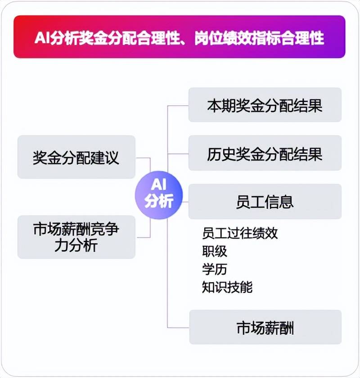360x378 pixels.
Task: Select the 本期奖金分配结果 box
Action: (265, 105)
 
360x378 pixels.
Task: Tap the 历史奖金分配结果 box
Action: (265, 154)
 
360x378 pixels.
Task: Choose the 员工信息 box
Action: (265, 201)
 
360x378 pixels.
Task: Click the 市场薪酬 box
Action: (265, 327)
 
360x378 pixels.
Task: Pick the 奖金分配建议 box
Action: (76, 157)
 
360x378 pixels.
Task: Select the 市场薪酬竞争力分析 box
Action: (76, 237)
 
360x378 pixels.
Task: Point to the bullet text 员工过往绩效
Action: (240, 233)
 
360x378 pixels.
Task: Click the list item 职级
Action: (215, 251)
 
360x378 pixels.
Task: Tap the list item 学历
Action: (215, 269)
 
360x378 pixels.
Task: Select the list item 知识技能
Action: (227, 287)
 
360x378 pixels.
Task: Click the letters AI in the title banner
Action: (42, 38)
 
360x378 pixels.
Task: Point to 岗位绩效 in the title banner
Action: (223, 38)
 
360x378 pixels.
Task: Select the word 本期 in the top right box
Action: (221, 105)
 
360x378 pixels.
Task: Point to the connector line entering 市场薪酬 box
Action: (178, 327)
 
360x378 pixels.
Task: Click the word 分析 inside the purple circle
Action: (158, 201)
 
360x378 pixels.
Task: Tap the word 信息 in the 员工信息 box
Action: (279, 201)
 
